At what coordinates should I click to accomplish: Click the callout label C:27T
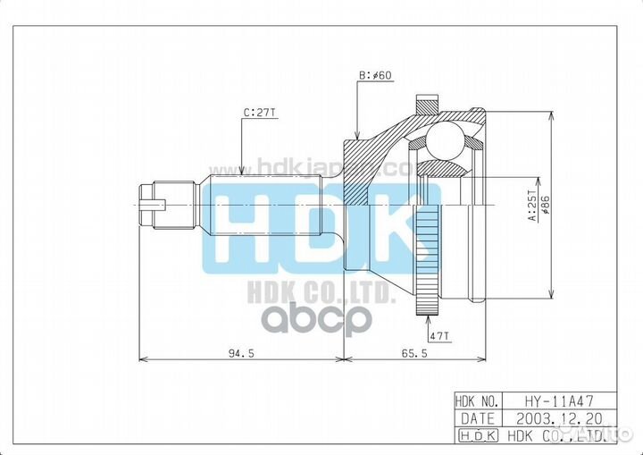coord(258,114)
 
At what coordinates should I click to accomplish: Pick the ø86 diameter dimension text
coord(543,208)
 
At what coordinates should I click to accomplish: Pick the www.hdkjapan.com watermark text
coord(308,167)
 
